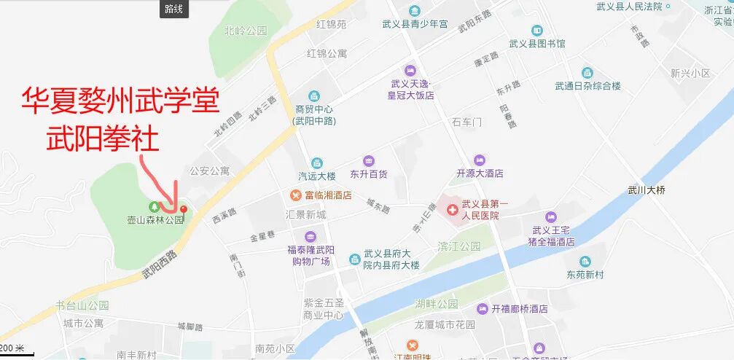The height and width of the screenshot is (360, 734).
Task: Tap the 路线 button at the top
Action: (x=175, y=9)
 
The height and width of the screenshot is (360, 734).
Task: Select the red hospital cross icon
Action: (x=453, y=209)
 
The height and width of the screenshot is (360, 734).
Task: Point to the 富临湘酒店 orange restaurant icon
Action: (x=295, y=195)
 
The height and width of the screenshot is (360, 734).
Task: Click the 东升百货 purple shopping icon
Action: (x=368, y=161)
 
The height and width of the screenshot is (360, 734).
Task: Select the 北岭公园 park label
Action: (x=246, y=31)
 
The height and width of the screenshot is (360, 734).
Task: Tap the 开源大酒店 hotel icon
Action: (x=479, y=160)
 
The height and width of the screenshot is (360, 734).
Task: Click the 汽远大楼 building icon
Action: (x=316, y=163)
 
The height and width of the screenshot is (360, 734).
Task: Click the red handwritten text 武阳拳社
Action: (x=102, y=138)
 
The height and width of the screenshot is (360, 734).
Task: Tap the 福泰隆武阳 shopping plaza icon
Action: (x=311, y=236)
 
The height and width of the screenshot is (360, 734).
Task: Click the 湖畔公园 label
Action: (x=436, y=304)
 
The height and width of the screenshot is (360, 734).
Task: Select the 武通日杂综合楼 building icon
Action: (x=587, y=73)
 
